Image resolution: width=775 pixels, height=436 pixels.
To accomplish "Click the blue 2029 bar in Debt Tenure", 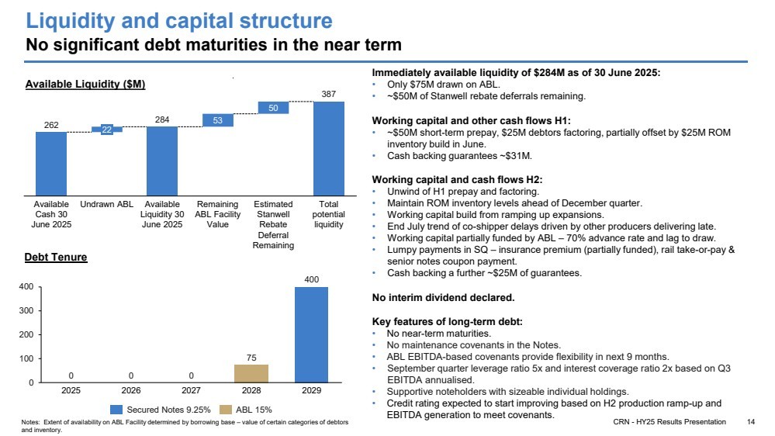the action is [x=311, y=334].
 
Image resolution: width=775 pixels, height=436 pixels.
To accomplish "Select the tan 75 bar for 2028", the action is [x=251, y=374].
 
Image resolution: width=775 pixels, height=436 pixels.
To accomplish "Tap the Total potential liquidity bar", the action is [x=329, y=149].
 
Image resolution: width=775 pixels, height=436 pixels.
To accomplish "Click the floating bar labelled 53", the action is [x=217, y=120].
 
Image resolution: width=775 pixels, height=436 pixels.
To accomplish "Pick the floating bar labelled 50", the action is [x=273, y=108].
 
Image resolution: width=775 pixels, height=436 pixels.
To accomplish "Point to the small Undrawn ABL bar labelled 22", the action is [x=107, y=130].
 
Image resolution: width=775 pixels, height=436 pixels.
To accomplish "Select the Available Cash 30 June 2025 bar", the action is [x=51, y=164].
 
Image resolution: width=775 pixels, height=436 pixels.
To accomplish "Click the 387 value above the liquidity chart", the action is [x=329, y=94].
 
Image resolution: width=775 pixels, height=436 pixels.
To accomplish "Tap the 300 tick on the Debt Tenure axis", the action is [x=26, y=310].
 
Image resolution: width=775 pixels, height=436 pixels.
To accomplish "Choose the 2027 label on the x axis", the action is [x=191, y=390].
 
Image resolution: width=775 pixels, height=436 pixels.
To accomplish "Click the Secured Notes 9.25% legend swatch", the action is [x=116, y=410].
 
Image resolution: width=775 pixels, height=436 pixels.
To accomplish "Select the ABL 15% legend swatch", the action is [x=226, y=410].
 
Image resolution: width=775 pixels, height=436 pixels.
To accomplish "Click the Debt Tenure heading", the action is [x=56, y=257].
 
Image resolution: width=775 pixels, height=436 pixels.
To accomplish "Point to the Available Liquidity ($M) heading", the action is [x=85, y=84].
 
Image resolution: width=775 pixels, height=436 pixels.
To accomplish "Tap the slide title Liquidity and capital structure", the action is [x=179, y=21].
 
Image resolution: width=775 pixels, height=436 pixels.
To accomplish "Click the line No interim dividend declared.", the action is [x=443, y=298].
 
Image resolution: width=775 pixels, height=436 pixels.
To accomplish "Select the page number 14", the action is [x=751, y=422].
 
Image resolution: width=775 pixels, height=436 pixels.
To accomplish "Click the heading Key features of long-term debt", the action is [x=448, y=321].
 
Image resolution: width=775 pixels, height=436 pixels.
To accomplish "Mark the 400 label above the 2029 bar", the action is [x=311, y=279].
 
